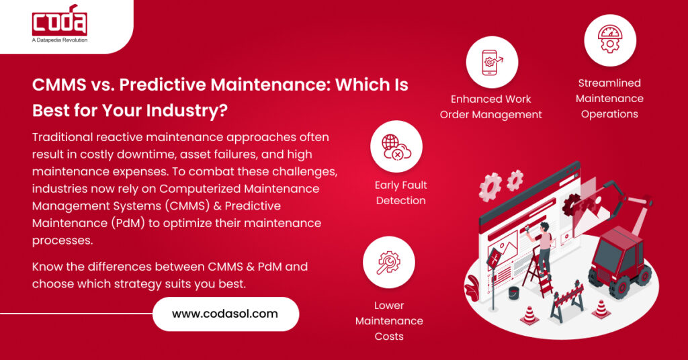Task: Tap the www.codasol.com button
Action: coord(225,314)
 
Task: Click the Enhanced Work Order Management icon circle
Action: coord(492,62)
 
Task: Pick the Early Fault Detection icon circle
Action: coord(396,146)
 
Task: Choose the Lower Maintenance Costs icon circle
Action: coord(388,262)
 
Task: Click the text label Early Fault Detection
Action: coord(401,193)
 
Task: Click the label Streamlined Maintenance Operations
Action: coord(609,99)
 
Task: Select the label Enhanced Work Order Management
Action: coord(491,107)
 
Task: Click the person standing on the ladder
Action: coord(543,242)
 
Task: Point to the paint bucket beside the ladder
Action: coord(514,294)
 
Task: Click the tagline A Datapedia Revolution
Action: coord(60,41)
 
